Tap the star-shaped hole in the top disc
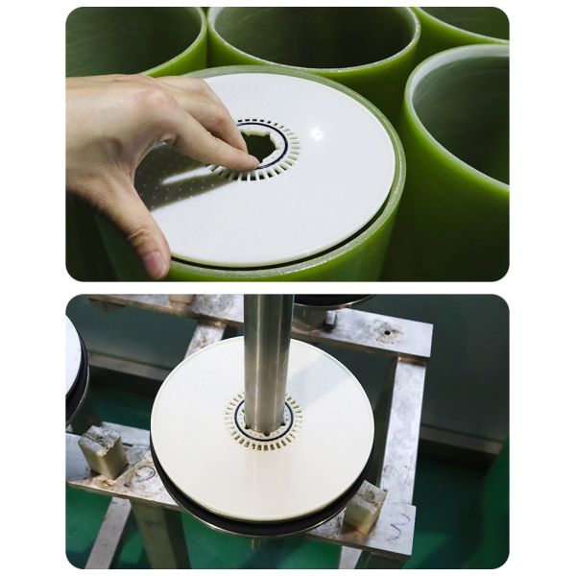pos(261,146)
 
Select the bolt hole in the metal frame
pos(388,335)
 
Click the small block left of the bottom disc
pos(103,450)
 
